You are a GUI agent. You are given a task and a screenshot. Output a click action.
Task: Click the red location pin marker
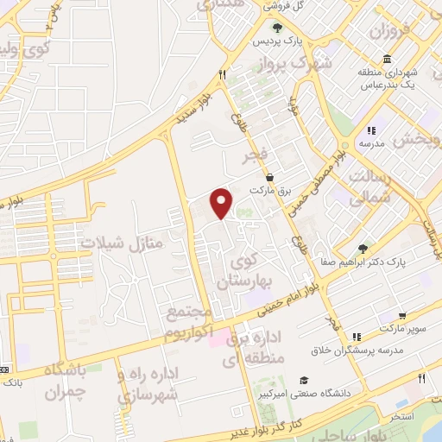[223, 203]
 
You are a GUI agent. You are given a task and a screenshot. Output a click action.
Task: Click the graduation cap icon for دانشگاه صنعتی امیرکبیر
[303, 381]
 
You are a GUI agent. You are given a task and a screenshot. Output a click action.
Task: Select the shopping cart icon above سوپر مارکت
[402, 316]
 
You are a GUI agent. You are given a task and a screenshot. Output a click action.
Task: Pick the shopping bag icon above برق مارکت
[271, 176]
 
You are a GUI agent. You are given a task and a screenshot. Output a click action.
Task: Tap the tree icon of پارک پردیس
[275, 28]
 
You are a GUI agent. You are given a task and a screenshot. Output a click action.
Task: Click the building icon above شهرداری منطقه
[386, 59]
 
